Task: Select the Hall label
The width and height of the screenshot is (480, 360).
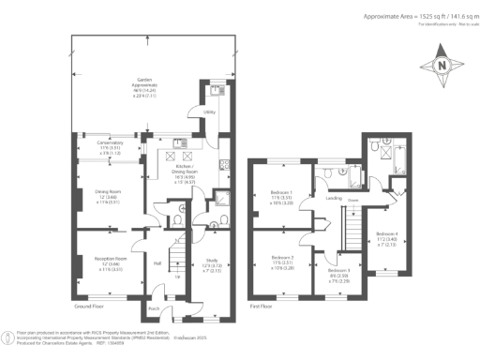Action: click(157, 263)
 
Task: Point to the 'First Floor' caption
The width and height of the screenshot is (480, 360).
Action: click(267, 307)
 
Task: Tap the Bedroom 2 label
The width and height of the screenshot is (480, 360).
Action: click(282, 261)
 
